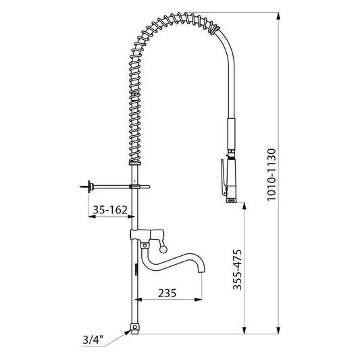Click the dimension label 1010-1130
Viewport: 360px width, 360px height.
[272, 175]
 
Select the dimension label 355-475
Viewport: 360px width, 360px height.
[238, 269]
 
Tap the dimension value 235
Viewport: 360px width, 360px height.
[167, 293]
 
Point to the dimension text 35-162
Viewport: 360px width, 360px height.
[110, 209]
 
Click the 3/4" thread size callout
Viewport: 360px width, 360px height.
[93, 340]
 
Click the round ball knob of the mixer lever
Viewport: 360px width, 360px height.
[163, 249]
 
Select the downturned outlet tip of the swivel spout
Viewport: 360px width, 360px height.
[202, 269]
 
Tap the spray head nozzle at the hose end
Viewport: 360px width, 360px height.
[231, 200]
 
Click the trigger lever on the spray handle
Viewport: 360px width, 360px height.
[224, 177]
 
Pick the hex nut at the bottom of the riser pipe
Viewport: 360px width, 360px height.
[135, 327]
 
